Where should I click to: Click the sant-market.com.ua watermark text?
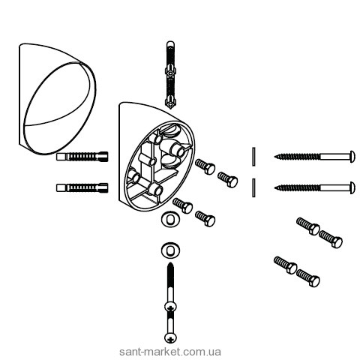pyautogui.click(x=170, y=352)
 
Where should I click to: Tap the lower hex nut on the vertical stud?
pyautogui.click(x=170, y=101)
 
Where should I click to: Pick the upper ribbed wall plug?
pyautogui.click(x=82, y=157)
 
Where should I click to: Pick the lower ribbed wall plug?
pyautogui.click(x=82, y=187)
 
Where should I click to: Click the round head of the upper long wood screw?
pyautogui.click(x=352, y=157)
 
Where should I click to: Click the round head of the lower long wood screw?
pyautogui.click(x=352, y=187)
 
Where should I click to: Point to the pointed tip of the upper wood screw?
pyautogui.click(x=274, y=157)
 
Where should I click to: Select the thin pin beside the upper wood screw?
pyautogui.click(x=253, y=157)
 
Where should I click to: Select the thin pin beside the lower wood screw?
pyautogui.click(x=253, y=187)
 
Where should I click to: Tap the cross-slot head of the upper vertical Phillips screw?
pyautogui.click(x=170, y=307)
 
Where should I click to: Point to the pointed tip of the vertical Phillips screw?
pyautogui.click(x=170, y=262)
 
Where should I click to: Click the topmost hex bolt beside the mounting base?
pyautogui.click(x=205, y=166)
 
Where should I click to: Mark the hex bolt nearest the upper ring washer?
pyautogui.click(x=183, y=205)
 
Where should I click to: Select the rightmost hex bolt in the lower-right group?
pyautogui.click(x=331, y=239)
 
